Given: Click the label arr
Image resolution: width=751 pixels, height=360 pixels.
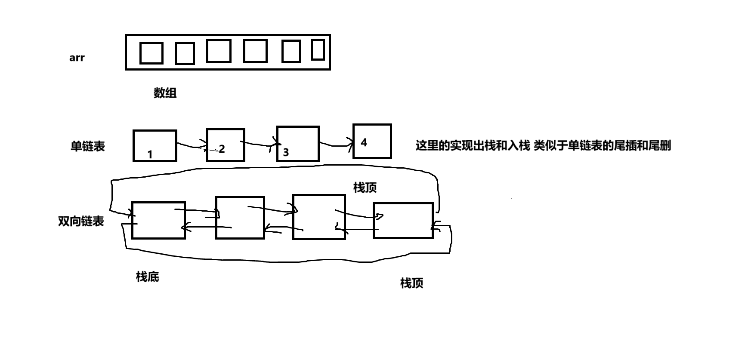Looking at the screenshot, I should tap(77, 58).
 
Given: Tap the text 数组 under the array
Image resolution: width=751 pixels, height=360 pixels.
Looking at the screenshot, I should tap(165, 93).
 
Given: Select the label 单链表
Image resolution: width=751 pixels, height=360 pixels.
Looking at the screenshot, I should tap(88, 146).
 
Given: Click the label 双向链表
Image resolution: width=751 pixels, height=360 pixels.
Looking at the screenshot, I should tap(81, 222).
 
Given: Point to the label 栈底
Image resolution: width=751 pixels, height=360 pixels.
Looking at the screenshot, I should tap(148, 277).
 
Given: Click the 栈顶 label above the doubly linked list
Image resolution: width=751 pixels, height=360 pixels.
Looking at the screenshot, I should tap(365, 188).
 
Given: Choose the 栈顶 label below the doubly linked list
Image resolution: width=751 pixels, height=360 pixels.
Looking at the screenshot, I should tap(412, 283).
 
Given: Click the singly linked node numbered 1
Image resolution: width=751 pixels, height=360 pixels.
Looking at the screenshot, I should tap(155, 146).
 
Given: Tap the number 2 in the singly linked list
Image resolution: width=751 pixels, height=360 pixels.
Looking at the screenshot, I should tap(222, 149).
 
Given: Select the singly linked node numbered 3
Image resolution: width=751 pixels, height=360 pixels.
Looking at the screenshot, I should tap(298, 144).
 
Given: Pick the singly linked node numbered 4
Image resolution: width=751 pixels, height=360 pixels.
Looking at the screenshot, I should tap(372, 142).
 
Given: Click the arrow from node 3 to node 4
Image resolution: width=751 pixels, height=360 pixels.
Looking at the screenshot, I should tap(336, 145).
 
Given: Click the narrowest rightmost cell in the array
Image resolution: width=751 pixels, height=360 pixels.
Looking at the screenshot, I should tap(318, 49).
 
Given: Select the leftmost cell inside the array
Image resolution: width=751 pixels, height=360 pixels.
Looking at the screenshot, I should tap(151, 53).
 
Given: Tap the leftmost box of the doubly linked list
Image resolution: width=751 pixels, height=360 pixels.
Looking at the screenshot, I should tap(158, 220).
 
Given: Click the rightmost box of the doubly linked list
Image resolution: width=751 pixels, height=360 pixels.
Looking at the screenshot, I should tap(403, 220).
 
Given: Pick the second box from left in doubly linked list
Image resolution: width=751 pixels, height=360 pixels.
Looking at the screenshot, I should tap(240, 218).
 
